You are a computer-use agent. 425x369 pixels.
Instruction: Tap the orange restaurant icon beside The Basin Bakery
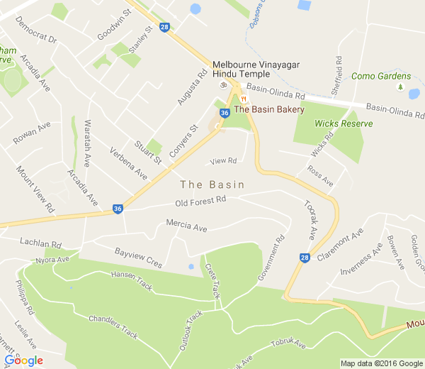243,99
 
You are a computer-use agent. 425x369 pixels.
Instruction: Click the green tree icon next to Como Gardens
401,87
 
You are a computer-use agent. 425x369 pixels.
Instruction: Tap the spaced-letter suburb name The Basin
212,184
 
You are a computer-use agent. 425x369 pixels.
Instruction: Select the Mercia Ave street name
186,227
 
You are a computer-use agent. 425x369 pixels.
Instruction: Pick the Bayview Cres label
138,258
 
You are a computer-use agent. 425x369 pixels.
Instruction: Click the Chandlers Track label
113,324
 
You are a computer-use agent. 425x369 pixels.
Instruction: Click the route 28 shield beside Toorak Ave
305,257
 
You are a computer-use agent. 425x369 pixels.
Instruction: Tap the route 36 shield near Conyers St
224,113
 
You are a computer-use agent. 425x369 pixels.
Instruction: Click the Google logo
23,360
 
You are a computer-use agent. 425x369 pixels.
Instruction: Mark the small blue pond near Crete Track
191,267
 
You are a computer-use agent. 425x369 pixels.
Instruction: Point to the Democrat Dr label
36,37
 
